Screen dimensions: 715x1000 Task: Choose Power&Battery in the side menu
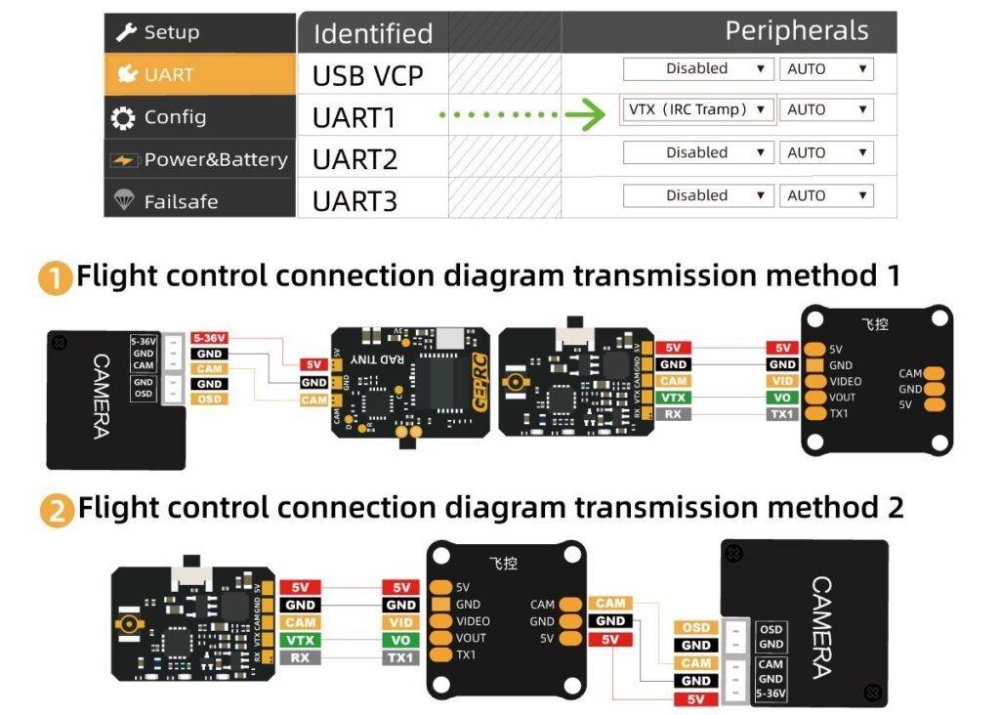(x=199, y=159)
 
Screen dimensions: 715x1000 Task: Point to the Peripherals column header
(x=796, y=31)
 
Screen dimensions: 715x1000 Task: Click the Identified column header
(x=372, y=33)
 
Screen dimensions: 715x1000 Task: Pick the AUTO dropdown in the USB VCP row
(x=826, y=68)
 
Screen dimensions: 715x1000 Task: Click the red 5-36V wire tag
(x=209, y=338)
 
